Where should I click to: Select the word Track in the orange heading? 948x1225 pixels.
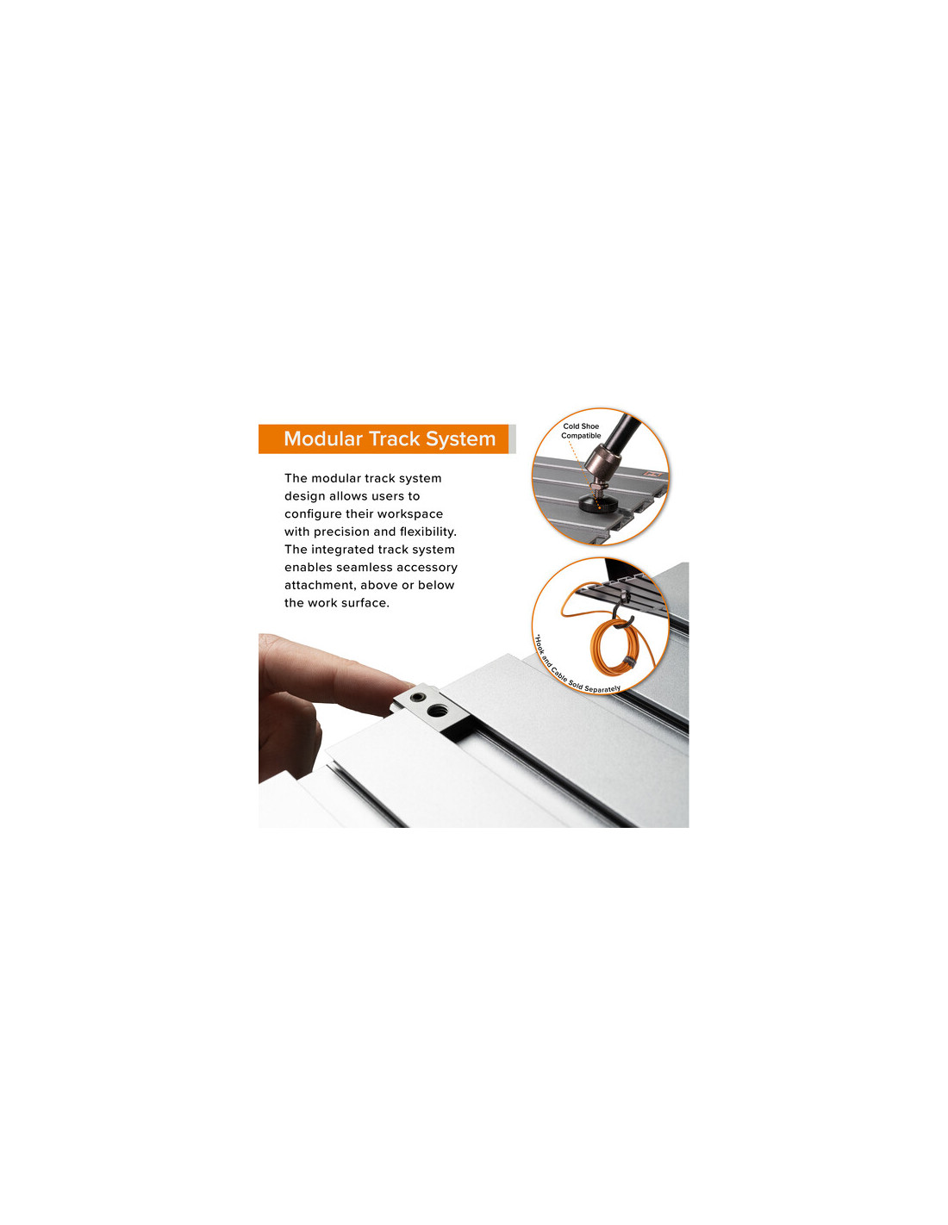coord(394,438)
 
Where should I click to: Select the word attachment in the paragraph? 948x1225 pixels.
coord(320,585)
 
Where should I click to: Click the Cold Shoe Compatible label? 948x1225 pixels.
coord(580,431)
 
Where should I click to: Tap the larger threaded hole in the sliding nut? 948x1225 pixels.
coord(435,709)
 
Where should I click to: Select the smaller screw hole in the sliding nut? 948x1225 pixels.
coord(417,697)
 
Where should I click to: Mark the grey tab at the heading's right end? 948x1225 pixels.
coord(512,438)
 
